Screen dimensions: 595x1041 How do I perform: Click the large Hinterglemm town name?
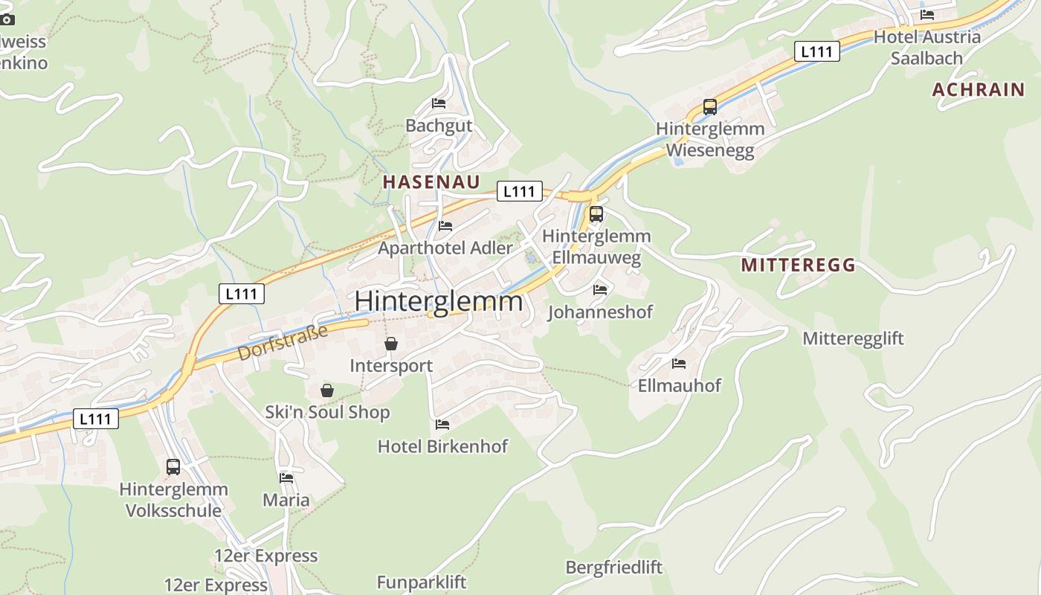click(439, 301)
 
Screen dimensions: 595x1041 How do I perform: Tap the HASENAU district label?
click(431, 182)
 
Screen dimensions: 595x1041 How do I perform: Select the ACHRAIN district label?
click(979, 90)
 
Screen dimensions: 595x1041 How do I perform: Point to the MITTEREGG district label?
click(798, 266)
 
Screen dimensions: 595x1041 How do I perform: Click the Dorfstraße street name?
click(283, 343)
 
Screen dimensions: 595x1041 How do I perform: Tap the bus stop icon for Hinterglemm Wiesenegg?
click(710, 107)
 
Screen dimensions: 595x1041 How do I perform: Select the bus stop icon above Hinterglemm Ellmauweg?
click(596, 215)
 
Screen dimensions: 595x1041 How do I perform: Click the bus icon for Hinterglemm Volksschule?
click(173, 467)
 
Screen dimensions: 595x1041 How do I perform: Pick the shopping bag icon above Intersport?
click(391, 344)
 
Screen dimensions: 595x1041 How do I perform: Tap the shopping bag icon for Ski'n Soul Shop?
click(327, 390)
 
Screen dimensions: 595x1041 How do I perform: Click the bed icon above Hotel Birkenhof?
click(442, 425)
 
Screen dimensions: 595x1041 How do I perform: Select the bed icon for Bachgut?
click(439, 103)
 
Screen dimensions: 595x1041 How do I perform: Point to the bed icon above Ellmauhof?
click(679, 364)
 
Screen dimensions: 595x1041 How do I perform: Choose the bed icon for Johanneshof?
click(600, 289)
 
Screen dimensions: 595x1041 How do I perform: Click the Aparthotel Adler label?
click(445, 248)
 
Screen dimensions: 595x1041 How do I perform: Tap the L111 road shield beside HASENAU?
click(519, 191)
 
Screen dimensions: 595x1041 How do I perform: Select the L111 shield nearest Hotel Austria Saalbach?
click(817, 51)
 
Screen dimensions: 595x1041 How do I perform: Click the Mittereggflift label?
click(853, 339)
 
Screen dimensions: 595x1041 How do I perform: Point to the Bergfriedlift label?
click(613, 567)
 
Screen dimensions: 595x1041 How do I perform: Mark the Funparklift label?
click(421, 582)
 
